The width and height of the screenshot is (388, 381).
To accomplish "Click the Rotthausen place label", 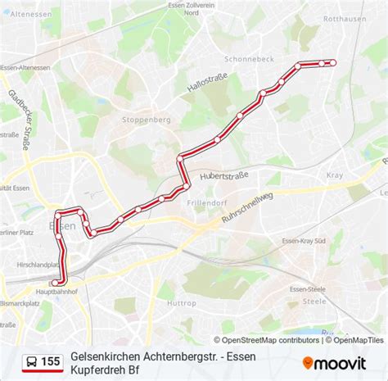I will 345,40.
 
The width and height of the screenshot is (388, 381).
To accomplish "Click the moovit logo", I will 334,362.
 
